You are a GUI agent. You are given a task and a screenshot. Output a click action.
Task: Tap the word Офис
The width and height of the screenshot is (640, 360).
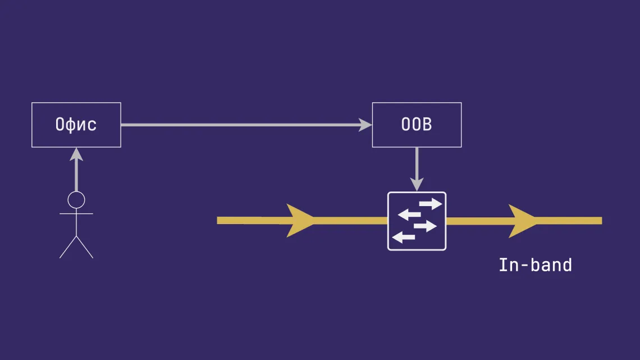76,125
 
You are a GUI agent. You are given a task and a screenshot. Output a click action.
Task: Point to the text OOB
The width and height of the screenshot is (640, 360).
417,125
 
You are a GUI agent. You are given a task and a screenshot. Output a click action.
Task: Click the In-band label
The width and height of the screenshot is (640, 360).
535,265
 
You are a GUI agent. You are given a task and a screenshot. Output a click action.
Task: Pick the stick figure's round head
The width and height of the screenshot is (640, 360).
76,199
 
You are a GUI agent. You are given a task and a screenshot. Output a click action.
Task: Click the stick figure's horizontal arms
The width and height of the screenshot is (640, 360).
76,214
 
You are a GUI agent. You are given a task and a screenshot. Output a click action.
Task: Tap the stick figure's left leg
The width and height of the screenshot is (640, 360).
68,247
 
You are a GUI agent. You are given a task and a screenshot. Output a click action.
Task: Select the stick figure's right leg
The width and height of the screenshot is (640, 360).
85,247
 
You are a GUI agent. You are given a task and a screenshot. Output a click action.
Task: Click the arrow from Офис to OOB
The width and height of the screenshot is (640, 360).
241,125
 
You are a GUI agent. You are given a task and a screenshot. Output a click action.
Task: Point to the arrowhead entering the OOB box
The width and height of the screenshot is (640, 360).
365,125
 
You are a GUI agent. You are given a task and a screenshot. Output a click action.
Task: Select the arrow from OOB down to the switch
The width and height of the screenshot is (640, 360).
417,166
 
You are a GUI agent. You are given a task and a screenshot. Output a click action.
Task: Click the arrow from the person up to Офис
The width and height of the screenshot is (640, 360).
76,171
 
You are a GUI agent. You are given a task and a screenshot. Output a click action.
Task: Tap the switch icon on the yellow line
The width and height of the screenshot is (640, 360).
417,221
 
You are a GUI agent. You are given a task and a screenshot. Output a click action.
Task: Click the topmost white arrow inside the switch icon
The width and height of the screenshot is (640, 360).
430,203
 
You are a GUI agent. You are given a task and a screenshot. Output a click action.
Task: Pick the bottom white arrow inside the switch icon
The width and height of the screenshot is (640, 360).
403,238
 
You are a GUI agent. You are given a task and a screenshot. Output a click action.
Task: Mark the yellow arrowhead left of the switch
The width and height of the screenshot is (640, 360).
300,220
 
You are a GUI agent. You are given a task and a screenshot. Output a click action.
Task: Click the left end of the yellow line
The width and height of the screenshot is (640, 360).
220,220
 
